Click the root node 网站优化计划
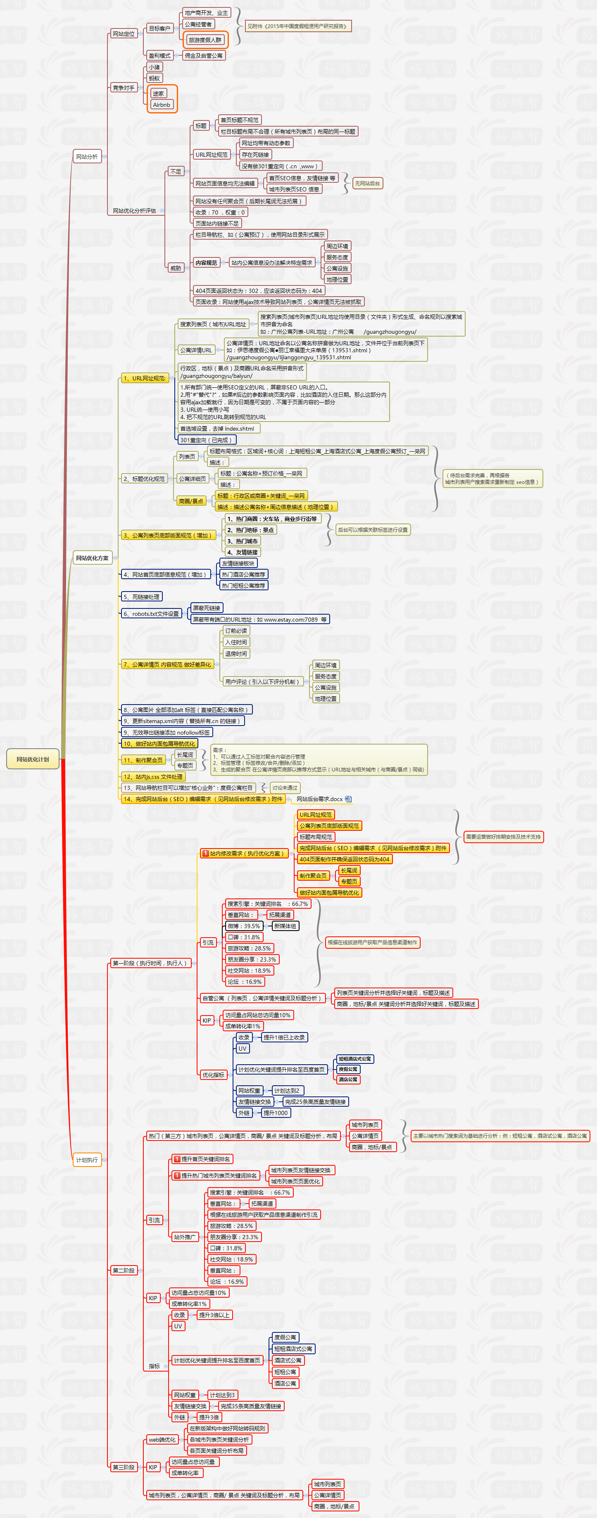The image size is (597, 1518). click(33, 759)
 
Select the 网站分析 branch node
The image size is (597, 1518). click(87, 157)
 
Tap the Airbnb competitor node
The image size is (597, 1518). click(161, 105)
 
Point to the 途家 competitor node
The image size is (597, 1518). click(158, 94)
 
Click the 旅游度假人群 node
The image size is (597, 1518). click(205, 40)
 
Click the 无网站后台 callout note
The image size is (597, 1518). click(367, 183)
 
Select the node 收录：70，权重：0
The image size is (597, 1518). click(220, 212)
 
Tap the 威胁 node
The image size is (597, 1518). click(176, 268)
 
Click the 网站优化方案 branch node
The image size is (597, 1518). click(92, 558)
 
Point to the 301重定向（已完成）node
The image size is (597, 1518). click(207, 440)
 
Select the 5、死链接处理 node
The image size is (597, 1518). click(141, 597)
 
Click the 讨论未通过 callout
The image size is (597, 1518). click(285, 788)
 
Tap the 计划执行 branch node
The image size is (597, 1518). click(87, 1160)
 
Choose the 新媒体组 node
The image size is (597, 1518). click(285, 926)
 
